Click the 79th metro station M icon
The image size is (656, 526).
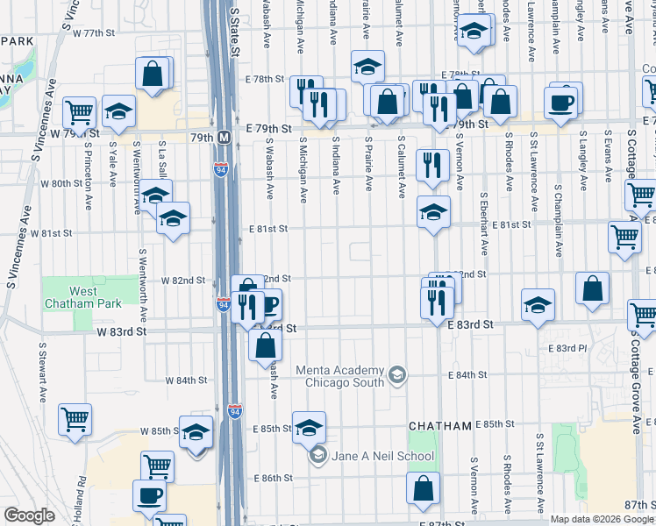(224, 137)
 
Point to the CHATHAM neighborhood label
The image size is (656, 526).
(440, 425)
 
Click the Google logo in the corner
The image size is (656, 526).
(28, 515)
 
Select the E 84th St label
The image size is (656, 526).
(492, 374)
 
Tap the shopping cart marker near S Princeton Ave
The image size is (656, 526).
(79, 110)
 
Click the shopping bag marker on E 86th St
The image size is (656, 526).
(424, 490)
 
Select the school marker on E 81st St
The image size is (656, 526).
(432, 211)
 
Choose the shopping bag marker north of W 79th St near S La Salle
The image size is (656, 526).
(152, 74)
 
